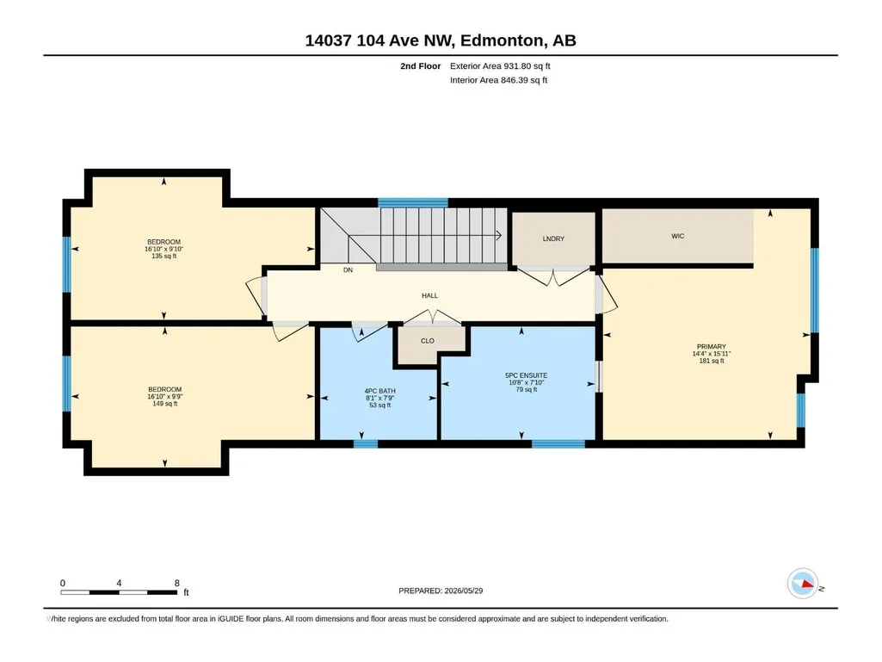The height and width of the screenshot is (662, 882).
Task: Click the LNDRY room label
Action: pos(553,238)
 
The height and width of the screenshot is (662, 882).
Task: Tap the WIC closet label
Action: pos(678,236)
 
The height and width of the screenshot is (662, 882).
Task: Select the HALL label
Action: pos(429,295)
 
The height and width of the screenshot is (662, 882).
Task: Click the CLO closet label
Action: pos(428,341)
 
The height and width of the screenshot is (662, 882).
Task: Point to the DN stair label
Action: pos(348,270)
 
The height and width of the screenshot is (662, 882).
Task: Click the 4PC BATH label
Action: pos(380,391)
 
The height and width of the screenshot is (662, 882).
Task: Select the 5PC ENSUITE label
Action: pos(527,375)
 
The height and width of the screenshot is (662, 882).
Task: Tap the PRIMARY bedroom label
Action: pos(712,347)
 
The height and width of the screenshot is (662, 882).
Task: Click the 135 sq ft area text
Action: pos(164,257)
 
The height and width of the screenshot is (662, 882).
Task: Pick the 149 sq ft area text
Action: pos(165,404)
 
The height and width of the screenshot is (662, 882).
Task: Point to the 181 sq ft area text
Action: pos(712,361)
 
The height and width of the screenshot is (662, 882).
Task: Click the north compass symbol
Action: pos(803,584)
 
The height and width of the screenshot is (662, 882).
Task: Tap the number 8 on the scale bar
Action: pos(177,583)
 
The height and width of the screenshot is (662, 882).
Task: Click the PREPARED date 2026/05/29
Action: pos(464,591)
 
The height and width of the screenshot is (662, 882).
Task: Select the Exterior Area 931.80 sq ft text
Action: pos(500,66)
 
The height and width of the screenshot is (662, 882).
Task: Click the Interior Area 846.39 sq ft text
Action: pos(498,80)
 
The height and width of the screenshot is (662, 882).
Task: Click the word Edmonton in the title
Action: pos(503,40)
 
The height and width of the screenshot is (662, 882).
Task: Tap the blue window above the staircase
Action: pos(413,202)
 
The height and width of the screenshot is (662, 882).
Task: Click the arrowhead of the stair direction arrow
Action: pos(499,235)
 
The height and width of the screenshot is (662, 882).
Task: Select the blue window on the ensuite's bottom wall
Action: pos(558,444)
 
